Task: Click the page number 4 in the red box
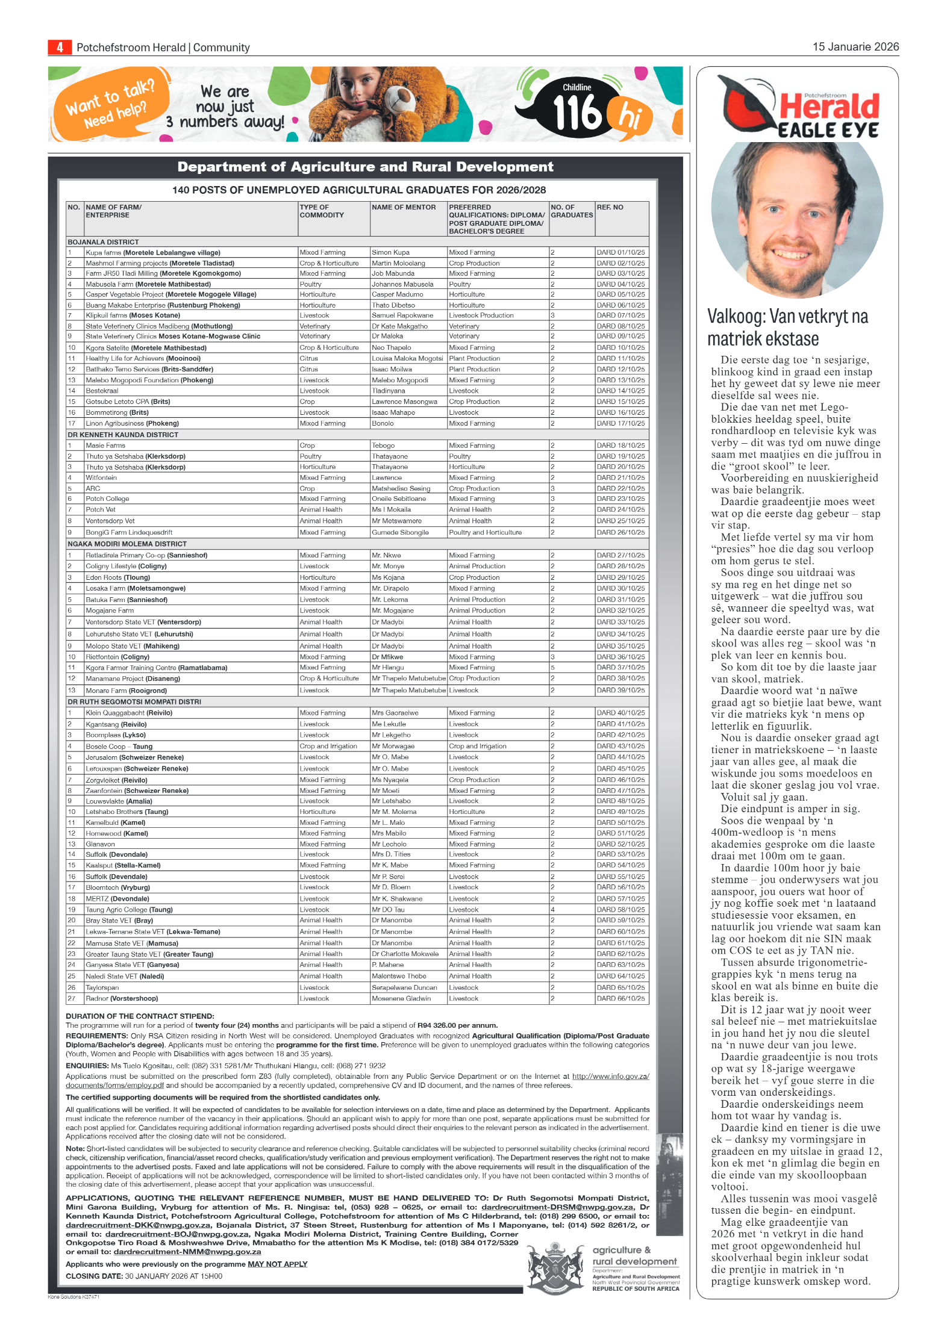pos(60,47)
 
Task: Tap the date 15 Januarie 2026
pos(855,47)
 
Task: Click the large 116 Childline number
pos(577,113)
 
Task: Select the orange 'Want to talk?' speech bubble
pos(111,104)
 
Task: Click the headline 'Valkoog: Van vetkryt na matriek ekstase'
pos(787,328)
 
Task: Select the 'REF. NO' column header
pos(610,207)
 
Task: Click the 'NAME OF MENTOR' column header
pos(404,207)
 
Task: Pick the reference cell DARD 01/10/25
pos(620,253)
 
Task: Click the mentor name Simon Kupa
pos(390,253)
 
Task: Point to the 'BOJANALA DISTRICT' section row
pos(103,242)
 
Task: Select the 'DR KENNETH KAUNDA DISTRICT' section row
pos(123,435)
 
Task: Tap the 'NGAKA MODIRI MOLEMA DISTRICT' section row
pos(127,544)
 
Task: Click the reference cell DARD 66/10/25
pos(620,998)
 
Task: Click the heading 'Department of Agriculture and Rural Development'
pos(365,167)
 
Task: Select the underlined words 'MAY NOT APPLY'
pos(277,1264)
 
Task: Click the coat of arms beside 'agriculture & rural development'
pos(556,1268)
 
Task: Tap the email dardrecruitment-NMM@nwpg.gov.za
pos(187,1252)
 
